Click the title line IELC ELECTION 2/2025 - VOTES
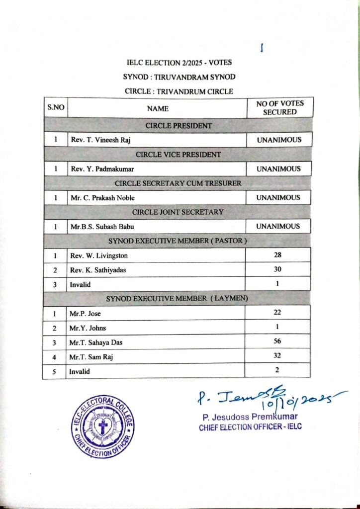(x=179, y=63)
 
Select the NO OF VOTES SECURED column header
(x=279, y=108)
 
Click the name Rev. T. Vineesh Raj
(x=100, y=140)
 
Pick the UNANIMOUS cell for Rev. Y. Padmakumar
(x=279, y=169)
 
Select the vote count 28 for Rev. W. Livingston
(x=278, y=255)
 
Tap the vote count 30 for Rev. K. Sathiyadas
(x=278, y=269)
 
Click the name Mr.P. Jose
(x=86, y=314)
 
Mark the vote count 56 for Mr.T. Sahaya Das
(x=278, y=341)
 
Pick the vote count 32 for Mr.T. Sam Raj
(x=278, y=356)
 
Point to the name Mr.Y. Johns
(x=88, y=328)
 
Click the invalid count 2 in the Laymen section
(x=278, y=370)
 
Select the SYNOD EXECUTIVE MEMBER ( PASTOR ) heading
(x=178, y=241)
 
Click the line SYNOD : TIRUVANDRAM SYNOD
(x=179, y=77)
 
